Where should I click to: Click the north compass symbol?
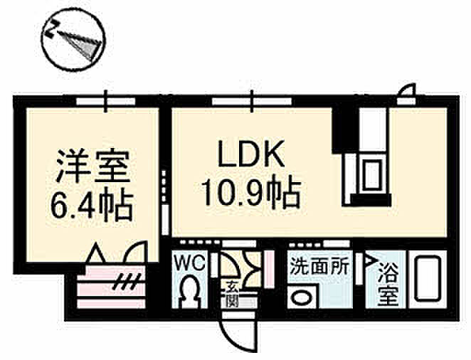pos(73,39)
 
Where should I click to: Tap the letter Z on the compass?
pos(51,29)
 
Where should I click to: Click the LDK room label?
pos(251,154)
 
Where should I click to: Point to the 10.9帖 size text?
pos(251,194)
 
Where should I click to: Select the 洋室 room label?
pos(92,166)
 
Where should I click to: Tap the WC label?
pos(190,264)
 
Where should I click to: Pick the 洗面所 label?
pos(319,266)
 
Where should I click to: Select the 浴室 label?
pos(388,284)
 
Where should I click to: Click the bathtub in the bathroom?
pos(428,278)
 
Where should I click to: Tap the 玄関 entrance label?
pos(232,295)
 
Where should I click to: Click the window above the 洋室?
pos(105,101)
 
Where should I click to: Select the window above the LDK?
pos(252,101)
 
